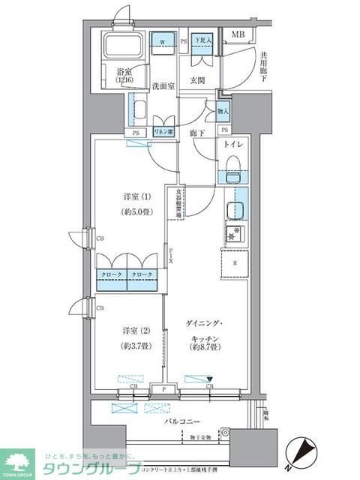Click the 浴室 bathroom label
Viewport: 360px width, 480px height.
[124, 74]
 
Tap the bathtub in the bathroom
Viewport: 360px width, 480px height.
[124, 49]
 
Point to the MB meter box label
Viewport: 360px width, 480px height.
[237, 34]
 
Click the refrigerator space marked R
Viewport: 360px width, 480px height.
[235, 262]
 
